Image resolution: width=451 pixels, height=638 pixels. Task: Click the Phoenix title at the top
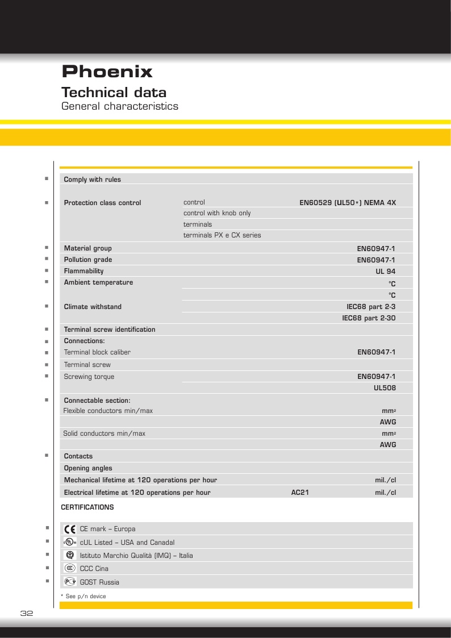click(x=107, y=72)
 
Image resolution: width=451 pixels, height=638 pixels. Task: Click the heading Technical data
click(x=114, y=92)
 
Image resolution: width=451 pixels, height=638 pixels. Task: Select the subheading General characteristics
click(x=119, y=106)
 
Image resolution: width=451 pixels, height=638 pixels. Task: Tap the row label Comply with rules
click(x=92, y=180)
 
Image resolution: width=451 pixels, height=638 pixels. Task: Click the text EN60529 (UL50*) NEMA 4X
click(x=347, y=203)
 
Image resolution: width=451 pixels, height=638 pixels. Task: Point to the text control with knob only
click(x=216, y=213)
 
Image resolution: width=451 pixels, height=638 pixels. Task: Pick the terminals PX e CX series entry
click(x=222, y=235)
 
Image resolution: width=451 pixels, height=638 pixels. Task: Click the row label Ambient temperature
click(x=98, y=282)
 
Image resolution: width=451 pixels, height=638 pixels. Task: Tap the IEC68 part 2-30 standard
click(x=368, y=318)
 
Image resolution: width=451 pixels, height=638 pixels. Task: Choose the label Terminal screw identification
click(x=109, y=330)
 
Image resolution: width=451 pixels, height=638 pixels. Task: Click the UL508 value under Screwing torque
click(x=385, y=388)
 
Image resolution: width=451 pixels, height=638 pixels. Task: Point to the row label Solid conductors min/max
click(x=104, y=433)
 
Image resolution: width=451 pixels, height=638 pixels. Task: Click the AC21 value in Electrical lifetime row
click(x=299, y=493)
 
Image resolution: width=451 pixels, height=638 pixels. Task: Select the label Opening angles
click(x=88, y=468)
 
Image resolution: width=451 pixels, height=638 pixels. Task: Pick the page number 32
click(x=27, y=614)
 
